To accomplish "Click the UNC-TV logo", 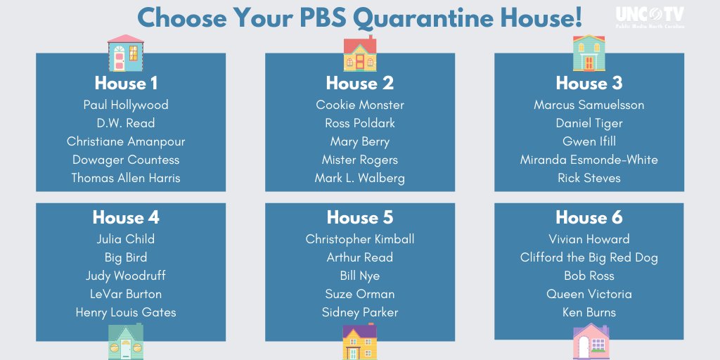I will click(x=650, y=17).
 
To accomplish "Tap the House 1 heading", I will click(x=126, y=83).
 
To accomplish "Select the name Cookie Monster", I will click(x=360, y=105).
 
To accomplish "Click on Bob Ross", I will click(x=589, y=276).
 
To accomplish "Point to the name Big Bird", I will click(x=126, y=257).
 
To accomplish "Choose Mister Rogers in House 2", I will click(x=360, y=160).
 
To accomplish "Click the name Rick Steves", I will click(x=589, y=178).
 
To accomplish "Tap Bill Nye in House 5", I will click(x=360, y=276).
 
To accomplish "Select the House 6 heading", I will click(x=589, y=217).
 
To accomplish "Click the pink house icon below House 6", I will click(x=591, y=342).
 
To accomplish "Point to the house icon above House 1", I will click(x=126, y=53).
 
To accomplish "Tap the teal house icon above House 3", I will click(x=589, y=53).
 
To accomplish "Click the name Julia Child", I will click(x=126, y=239).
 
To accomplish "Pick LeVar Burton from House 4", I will click(x=126, y=294).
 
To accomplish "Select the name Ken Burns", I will click(x=589, y=312).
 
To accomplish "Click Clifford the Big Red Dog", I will click(x=589, y=257).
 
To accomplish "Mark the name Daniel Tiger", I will click(x=589, y=123).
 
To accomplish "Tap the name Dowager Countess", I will click(x=126, y=160).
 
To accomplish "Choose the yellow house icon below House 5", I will click(x=360, y=342).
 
